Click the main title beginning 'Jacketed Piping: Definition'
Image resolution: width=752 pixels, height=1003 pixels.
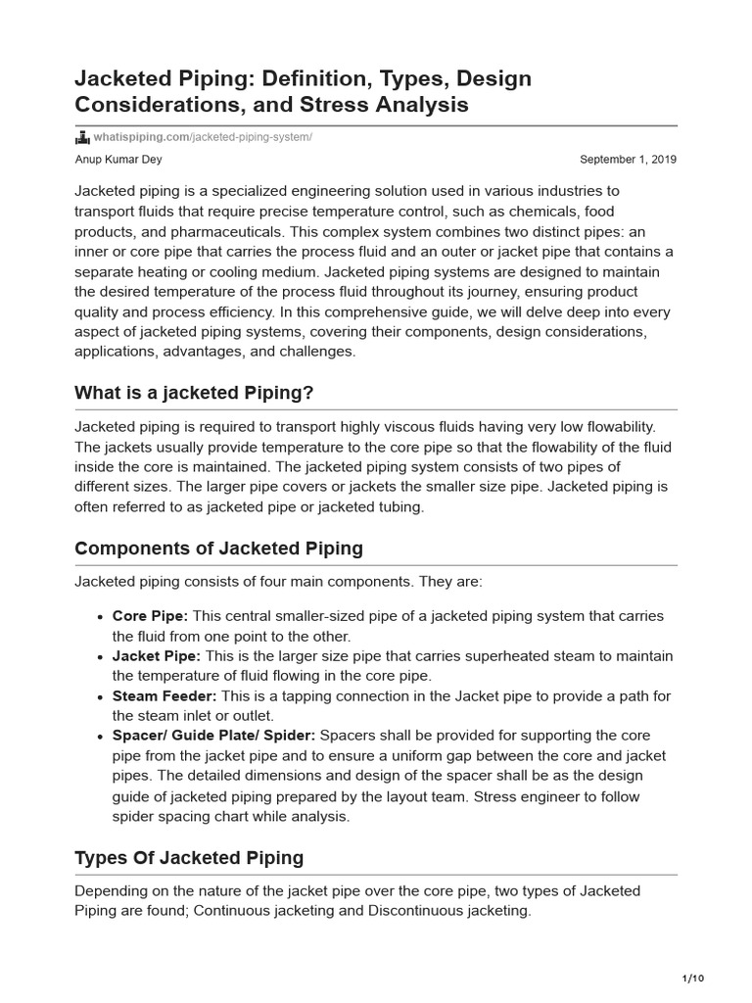pyautogui.click(x=303, y=90)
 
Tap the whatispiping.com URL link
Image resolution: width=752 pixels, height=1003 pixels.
pyautogui.click(x=202, y=137)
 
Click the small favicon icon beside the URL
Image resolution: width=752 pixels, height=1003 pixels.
pyautogui.click(x=82, y=137)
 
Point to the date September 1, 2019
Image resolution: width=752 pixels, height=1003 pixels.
pyautogui.click(x=628, y=160)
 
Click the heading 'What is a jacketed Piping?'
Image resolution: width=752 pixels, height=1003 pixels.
pyautogui.click(x=194, y=393)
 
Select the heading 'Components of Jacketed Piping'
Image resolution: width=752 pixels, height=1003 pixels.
pyautogui.click(x=218, y=549)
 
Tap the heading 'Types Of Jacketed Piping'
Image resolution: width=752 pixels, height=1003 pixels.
pyautogui.click(x=189, y=858)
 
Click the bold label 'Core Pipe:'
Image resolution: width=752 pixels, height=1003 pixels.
pyautogui.click(x=151, y=616)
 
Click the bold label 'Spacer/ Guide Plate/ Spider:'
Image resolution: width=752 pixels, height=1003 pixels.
pyautogui.click(x=214, y=736)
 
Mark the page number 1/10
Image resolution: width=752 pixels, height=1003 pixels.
pyautogui.click(x=691, y=979)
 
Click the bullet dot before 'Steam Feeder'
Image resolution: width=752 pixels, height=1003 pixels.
pyautogui.click(x=102, y=697)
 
